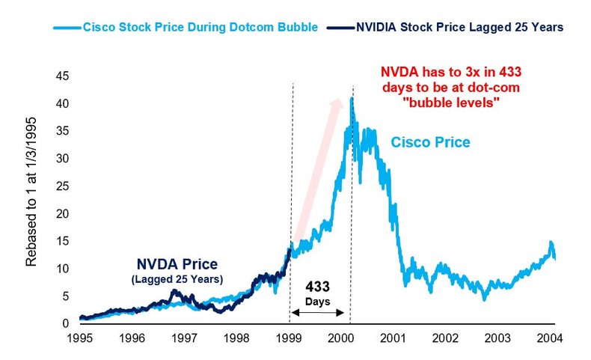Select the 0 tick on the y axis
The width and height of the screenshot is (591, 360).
click(x=67, y=323)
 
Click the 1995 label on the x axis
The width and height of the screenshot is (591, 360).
click(x=80, y=338)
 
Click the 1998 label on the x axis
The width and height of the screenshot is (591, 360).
click(x=238, y=338)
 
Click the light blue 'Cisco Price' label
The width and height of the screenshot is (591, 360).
click(x=431, y=141)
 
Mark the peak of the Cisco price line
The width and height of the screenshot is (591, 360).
click(x=352, y=98)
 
